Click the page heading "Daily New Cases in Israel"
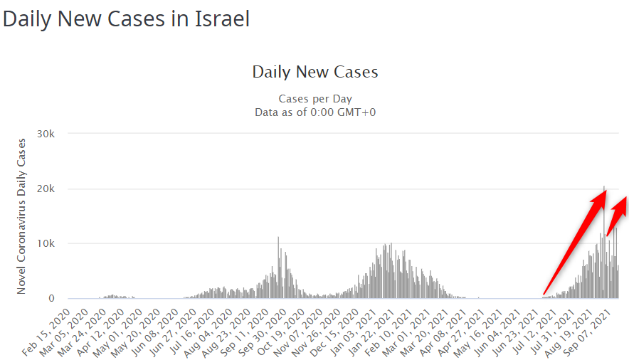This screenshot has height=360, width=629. pyautogui.click(x=126, y=18)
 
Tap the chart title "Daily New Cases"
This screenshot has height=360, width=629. pyautogui.click(x=314, y=72)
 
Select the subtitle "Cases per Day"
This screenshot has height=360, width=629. pyautogui.click(x=314, y=99)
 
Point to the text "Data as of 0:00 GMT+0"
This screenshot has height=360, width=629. pyautogui.click(x=314, y=112)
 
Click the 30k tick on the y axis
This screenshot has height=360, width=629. pyautogui.click(x=55, y=134)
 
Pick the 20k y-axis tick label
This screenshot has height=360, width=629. pyautogui.click(x=55, y=189)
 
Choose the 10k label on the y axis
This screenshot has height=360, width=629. pyautogui.click(x=55, y=243)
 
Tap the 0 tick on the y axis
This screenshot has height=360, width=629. pyautogui.click(x=62, y=299)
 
